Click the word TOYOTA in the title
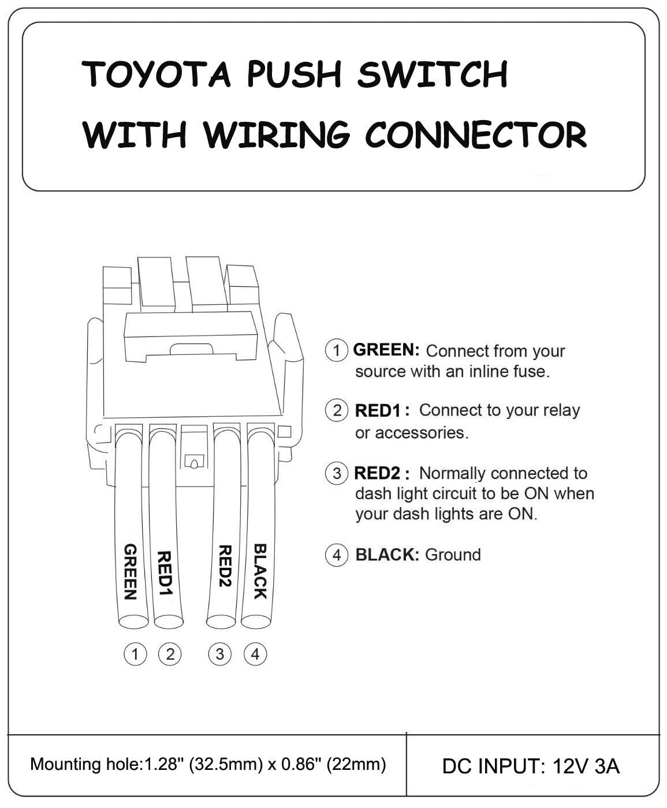157,74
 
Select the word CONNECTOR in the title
476,134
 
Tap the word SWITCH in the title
432,74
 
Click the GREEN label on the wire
131,572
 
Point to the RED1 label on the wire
165,574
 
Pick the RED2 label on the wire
224,566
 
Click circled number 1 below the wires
135,654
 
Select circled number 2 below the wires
170,654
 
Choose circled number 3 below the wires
219,654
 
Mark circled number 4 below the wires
255,654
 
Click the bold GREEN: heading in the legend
386,350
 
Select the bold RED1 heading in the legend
378,410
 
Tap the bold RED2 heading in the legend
377,473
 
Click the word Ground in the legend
453,555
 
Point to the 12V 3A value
586,766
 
